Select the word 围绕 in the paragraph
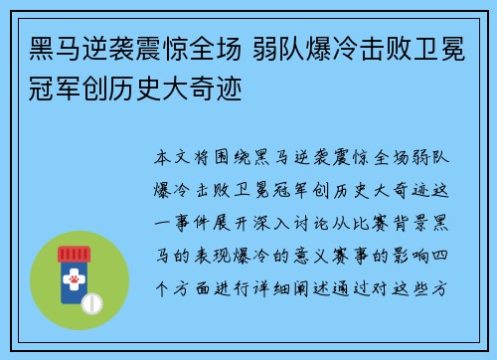[238, 158]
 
